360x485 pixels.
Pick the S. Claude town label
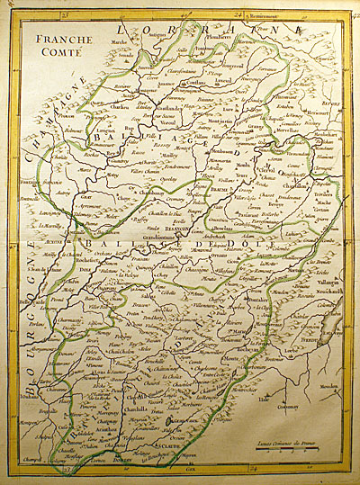coord(166,444)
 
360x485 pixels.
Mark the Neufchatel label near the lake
coord(330,294)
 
